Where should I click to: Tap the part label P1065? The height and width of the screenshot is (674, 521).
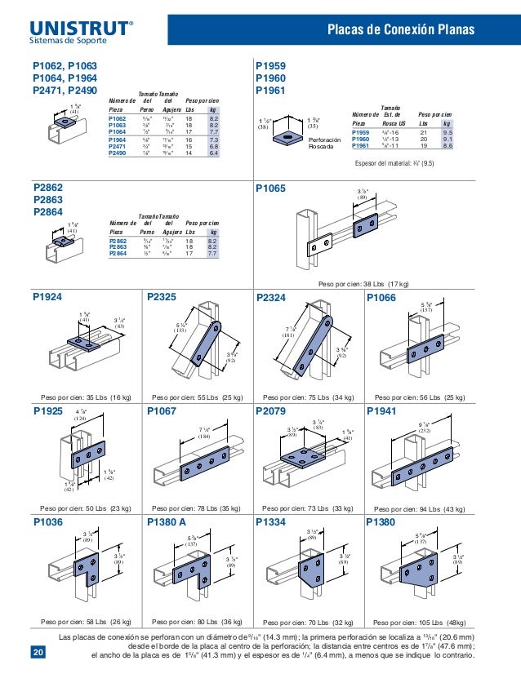pyautogui.click(x=271, y=188)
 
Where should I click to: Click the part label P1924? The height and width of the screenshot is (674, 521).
pyautogui.click(x=48, y=299)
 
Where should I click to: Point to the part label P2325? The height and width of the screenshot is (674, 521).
pyautogui.click(x=163, y=299)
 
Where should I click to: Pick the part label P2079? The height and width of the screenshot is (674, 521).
pyautogui.click(x=272, y=410)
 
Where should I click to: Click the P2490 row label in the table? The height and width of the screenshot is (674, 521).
pyautogui.click(x=118, y=152)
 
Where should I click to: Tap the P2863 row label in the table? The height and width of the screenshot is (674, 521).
pyautogui.click(x=119, y=248)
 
